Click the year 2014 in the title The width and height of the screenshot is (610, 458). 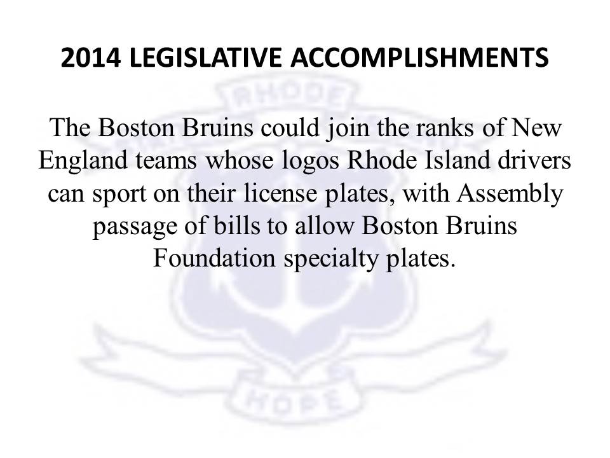91,58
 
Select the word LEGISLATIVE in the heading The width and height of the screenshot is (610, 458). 205,58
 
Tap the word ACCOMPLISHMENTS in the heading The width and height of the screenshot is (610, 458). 419,58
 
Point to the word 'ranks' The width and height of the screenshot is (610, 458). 445,127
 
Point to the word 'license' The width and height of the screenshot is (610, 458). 280,193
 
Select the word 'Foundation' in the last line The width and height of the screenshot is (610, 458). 214,258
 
